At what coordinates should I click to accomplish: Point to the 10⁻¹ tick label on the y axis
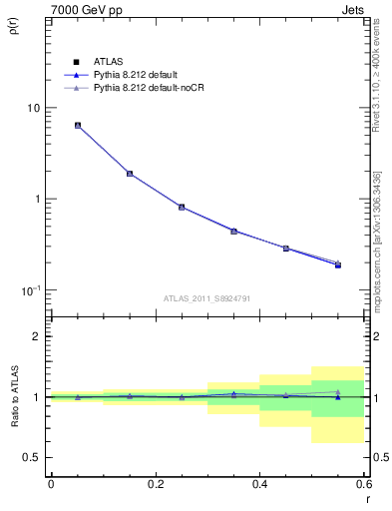(x=31, y=290)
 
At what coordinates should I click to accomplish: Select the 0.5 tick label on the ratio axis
(x=32, y=457)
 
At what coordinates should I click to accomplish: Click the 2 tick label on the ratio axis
(x=38, y=336)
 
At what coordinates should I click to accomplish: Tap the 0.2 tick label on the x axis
(x=155, y=484)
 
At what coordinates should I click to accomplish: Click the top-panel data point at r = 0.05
(x=77, y=126)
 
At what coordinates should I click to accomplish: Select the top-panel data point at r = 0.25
(x=182, y=207)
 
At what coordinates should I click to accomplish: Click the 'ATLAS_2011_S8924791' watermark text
(x=206, y=298)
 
